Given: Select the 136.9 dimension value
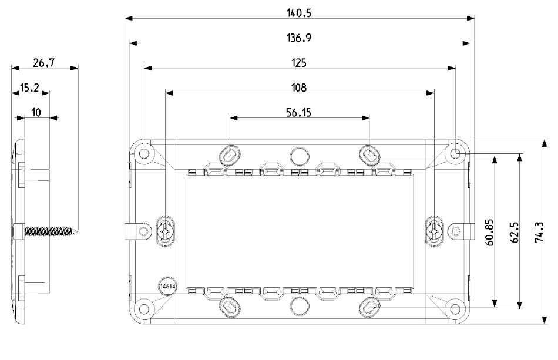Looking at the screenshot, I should pos(300,37).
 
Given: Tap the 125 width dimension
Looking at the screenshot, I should pos(300,62).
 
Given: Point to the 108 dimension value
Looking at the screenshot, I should pos(300,87).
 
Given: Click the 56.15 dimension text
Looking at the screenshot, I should pos(299,113).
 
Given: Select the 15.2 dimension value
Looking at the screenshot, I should pos(30,88).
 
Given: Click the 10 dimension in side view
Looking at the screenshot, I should pos(36,113).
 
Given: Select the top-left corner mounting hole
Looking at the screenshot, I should pos(144,154).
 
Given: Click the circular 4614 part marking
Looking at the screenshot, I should pos(166,285).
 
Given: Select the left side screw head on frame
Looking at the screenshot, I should pos(166,231).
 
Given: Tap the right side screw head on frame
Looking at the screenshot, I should pos(434,231).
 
